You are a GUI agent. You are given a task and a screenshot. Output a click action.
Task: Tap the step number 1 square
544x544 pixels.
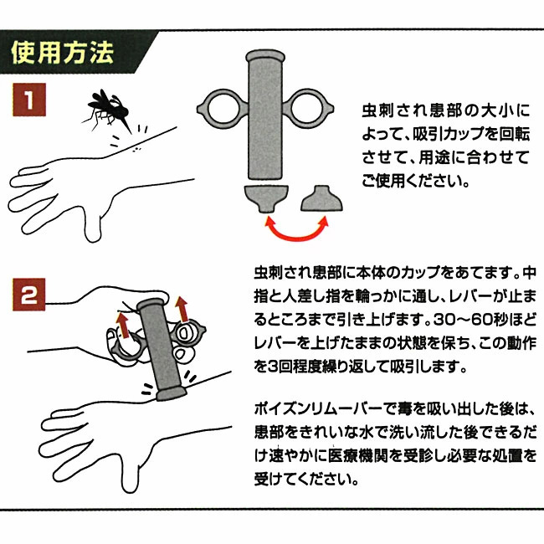click(29, 103)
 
